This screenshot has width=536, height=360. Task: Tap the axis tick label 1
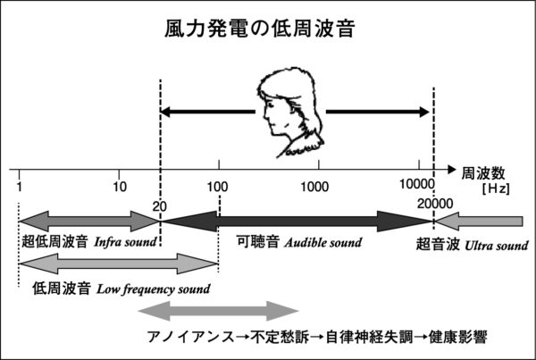pos(19,186)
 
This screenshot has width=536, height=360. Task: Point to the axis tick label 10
pos(120,186)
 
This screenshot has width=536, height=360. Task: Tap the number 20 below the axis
pos(160,205)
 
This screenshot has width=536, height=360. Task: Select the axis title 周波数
pos(483,170)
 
